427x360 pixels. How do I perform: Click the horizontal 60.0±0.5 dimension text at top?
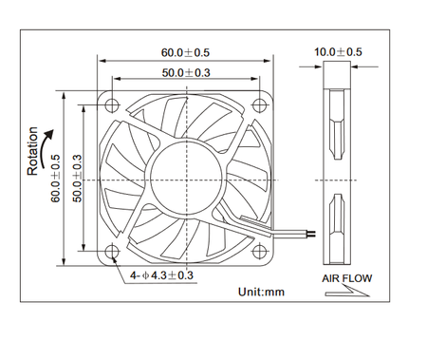[x=186, y=52]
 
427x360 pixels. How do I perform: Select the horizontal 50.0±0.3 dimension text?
[x=186, y=72]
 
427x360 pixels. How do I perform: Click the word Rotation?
[x=33, y=151]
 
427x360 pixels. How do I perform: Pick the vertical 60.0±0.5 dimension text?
[x=56, y=178]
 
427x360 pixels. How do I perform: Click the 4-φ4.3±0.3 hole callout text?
[x=161, y=275]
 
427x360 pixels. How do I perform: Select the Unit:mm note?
[x=261, y=292]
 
